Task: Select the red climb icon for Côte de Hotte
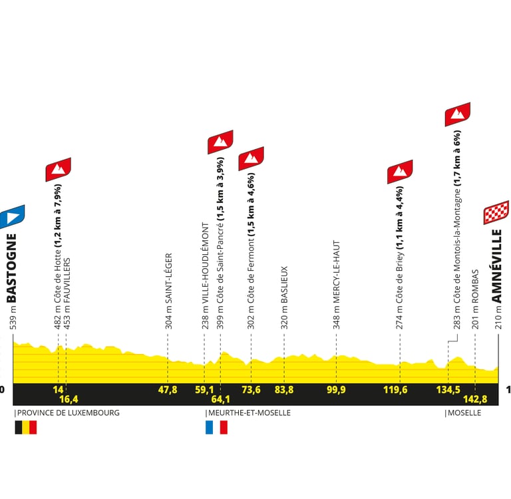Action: click(x=58, y=169)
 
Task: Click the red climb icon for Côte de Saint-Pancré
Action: click(x=220, y=142)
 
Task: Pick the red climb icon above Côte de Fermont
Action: click(x=251, y=158)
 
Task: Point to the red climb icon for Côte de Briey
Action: click(x=400, y=172)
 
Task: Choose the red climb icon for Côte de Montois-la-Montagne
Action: click(x=457, y=114)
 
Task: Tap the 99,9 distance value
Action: click(x=336, y=389)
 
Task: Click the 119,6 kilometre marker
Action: click(x=395, y=389)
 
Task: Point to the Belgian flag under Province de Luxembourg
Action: click(x=25, y=427)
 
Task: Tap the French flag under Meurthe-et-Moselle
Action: click(x=217, y=427)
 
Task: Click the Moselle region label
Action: click(x=463, y=413)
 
